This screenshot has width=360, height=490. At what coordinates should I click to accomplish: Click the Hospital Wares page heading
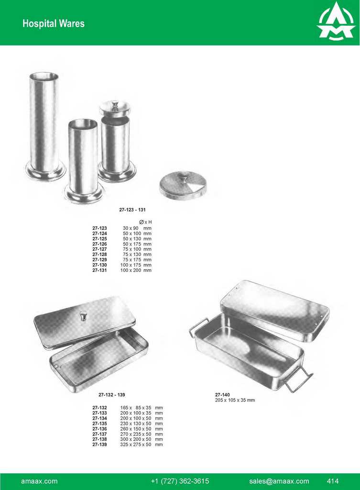(54, 23)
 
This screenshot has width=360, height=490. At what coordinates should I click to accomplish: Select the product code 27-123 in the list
(99, 228)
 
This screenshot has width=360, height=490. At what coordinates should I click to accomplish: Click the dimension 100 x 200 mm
(136, 270)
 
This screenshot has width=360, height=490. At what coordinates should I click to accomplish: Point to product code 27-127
(99, 249)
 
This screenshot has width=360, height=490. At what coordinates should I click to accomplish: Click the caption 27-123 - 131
(132, 210)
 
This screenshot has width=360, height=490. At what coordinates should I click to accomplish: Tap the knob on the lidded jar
(115, 104)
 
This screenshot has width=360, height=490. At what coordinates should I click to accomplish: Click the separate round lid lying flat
(183, 185)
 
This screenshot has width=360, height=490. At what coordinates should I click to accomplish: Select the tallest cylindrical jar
(44, 127)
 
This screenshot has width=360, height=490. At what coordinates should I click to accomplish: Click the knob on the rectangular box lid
(84, 315)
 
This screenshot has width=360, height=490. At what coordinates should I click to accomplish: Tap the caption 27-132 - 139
(112, 395)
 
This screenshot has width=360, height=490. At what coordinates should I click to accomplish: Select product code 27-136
(99, 429)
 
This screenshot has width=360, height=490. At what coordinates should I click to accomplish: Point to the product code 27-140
(222, 395)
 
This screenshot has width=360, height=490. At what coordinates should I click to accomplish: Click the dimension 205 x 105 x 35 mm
(235, 400)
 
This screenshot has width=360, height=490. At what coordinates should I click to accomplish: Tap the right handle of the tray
(298, 381)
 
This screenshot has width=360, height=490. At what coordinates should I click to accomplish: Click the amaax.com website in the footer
(39, 481)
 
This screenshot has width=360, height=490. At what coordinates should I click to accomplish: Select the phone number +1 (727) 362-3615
(180, 481)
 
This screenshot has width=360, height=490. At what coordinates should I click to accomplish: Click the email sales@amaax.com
(279, 481)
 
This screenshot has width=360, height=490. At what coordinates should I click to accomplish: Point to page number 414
(333, 481)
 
